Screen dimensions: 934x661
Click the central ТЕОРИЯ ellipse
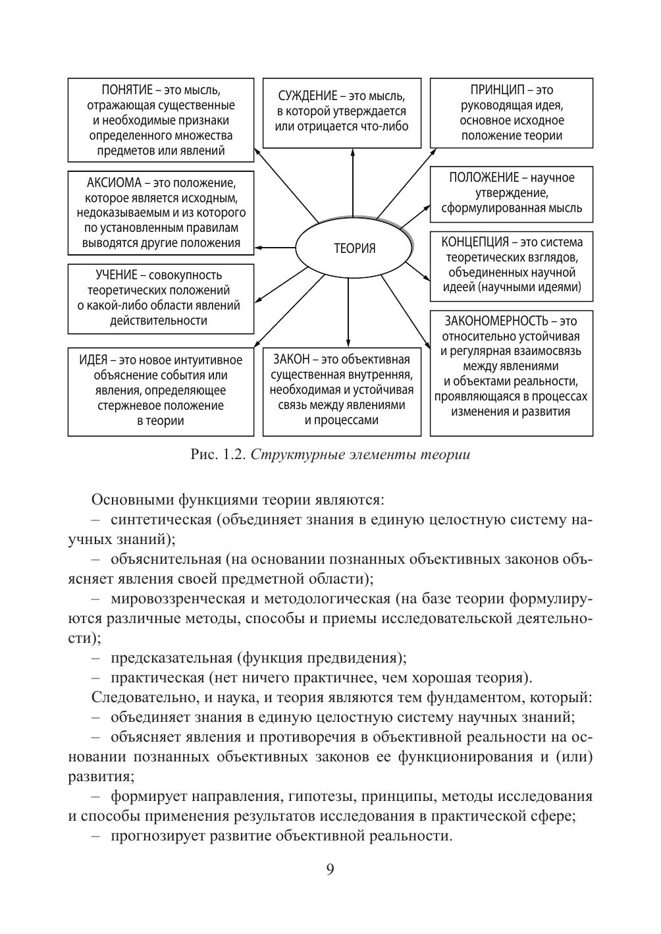tap(354, 248)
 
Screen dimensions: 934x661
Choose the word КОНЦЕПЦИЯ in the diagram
tap(475, 242)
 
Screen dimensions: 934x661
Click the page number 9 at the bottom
tap(330, 869)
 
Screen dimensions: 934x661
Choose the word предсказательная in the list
tap(172, 657)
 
